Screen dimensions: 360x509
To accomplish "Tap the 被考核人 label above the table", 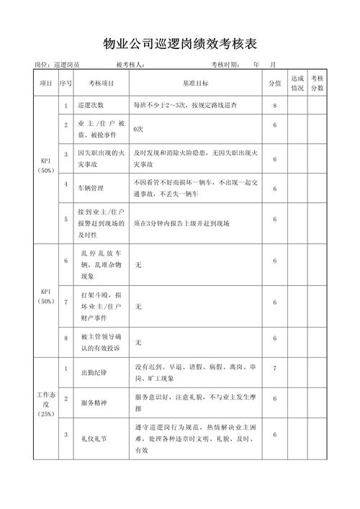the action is coord(130,65).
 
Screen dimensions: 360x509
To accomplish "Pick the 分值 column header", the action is coord(274,83).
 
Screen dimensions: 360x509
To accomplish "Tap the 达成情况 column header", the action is coord(297,83).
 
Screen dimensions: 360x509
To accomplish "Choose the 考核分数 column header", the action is coord(318,83).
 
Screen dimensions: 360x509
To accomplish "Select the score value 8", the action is coord(274,106).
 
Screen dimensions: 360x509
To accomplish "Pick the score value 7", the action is coord(274,368).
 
